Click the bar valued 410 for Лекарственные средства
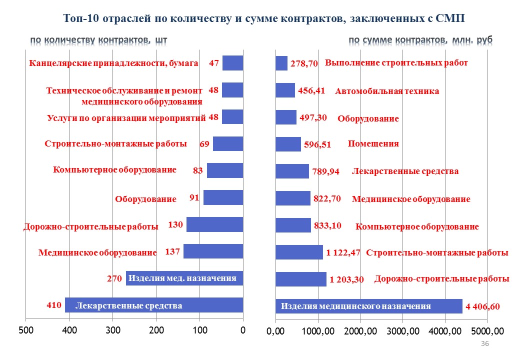(x=154, y=305)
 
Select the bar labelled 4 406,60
(x=369, y=306)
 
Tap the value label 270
(x=114, y=278)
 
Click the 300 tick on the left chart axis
(x=113, y=330)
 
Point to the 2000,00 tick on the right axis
(x=360, y=331)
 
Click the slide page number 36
(x=485, y=343)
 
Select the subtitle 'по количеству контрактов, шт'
(x=99, y=40)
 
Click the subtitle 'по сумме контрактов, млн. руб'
(x=420, y=40)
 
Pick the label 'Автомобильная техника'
(x=387, y=91)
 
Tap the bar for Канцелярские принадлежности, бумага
(x=233, y=63)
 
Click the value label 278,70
(x=304, y=63)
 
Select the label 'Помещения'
(x=373, y=144)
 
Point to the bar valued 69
(x=228, y=144)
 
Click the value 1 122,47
(x=343, y=252)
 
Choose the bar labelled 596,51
(x=288, y=144)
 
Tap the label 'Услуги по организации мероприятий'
(x=126, y=118)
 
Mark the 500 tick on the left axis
(x=26, y=330)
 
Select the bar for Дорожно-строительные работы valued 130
(x=215, y=224)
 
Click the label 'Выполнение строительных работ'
(x=396, y=63)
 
